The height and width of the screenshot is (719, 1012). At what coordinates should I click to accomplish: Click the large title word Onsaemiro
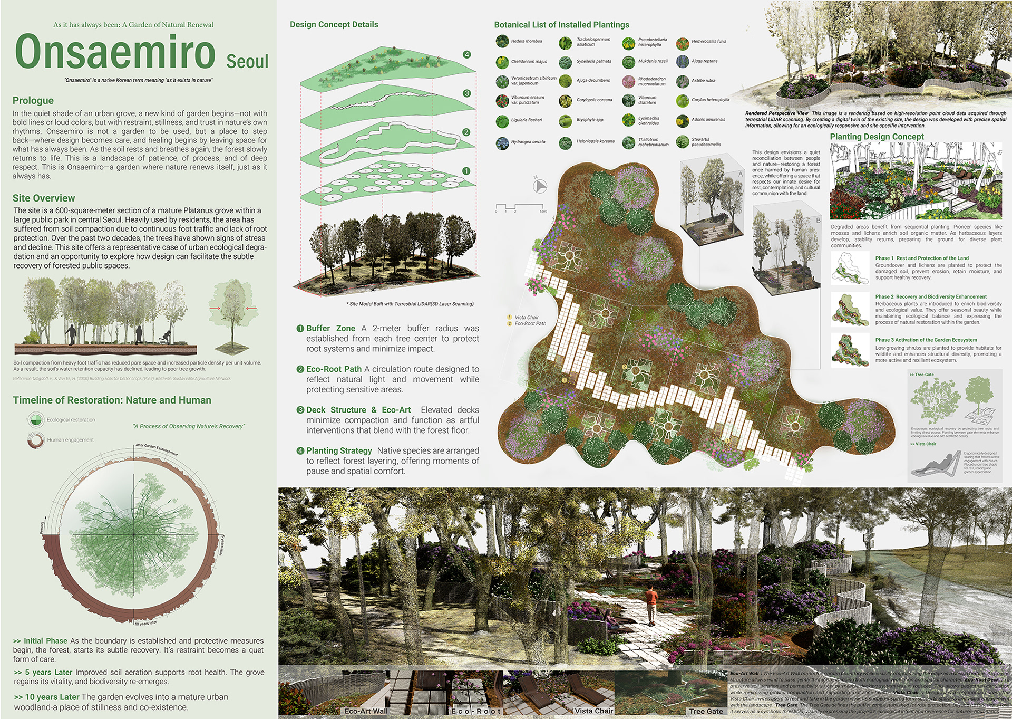(x=115, y=52)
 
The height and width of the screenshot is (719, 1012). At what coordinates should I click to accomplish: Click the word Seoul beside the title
(x=247, y=62)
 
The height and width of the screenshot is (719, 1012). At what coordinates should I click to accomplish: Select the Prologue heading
(x=33, y=100)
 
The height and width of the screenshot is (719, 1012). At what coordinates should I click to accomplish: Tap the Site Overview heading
(x=44, y=198)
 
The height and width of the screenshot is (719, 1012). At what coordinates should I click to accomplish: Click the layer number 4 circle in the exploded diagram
(x=466, y=54)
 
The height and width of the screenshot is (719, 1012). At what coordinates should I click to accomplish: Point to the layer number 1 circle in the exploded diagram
(x=466, y=171)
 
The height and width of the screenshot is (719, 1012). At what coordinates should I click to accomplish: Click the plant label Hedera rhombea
(x=526, y=41)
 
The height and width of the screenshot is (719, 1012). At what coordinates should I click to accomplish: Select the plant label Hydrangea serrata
(x=528, y=142)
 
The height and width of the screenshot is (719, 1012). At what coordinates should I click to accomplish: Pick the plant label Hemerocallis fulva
(x=708, y=41)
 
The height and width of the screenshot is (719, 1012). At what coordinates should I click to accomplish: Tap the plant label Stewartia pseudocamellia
(x=706, y=142)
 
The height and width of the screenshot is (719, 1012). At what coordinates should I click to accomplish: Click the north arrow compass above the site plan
(x=540, y=186)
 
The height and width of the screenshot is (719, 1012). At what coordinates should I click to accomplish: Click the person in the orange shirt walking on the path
(x=652, y=604)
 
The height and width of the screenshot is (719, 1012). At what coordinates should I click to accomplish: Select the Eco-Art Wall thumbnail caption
(x=366, y=711)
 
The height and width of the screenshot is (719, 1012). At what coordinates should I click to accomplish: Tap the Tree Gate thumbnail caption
(x=706, y=711)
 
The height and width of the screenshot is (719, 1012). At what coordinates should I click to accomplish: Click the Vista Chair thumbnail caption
(x=593, y=711)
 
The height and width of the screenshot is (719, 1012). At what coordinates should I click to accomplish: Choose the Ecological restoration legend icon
(x=35, y=420)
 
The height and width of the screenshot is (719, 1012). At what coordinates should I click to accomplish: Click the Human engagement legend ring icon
(x=36, y=440)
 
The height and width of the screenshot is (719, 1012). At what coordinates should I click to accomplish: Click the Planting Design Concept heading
(x=877, y=137)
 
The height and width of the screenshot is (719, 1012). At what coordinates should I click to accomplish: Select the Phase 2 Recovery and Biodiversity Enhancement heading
(x=931, y=297)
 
